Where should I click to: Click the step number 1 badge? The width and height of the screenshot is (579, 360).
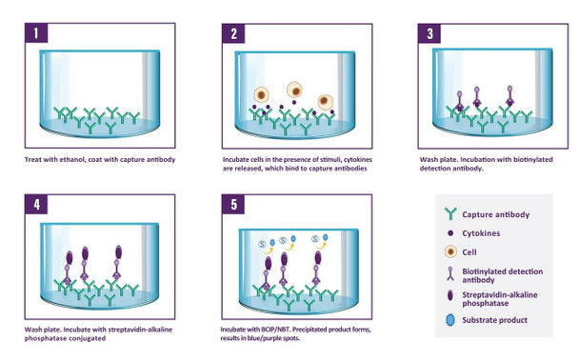coord(36,33)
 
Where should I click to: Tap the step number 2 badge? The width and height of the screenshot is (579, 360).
coord(233,33)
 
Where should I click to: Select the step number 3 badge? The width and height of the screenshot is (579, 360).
coord(429,33)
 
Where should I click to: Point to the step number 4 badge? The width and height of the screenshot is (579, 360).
coord(36,204)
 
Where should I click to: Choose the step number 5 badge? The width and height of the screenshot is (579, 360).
coord(233,204)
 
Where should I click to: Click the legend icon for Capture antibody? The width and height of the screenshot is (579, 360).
coord(450,213)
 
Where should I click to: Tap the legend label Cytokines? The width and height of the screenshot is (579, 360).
coord(481,233)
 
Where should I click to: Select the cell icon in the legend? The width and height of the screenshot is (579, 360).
coord(450,251)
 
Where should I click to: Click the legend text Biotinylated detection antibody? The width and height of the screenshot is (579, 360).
coord(503,275)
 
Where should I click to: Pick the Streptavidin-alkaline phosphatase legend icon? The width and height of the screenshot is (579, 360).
coord(450,295)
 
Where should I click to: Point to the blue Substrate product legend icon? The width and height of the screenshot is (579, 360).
coord(450,320)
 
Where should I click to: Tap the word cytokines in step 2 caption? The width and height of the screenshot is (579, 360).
coord(358,159)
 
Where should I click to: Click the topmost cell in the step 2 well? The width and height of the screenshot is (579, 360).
coord(294,90)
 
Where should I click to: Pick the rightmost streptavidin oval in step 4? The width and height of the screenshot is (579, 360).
coord(118,251)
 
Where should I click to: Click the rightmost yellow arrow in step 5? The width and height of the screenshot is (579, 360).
coord(319,245)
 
